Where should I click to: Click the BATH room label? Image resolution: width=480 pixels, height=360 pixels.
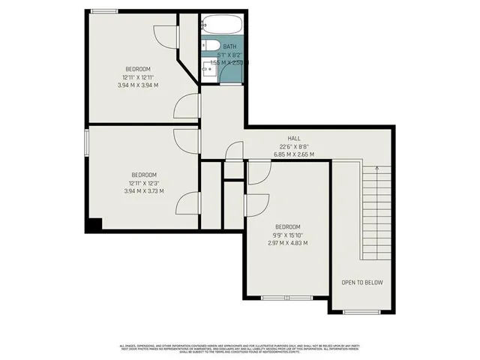point(228,46)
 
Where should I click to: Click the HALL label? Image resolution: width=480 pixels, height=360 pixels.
point(294,138)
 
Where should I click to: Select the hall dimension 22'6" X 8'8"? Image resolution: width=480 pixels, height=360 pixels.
point(294,146)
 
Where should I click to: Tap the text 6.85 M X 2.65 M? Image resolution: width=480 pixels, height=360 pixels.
point(294,154)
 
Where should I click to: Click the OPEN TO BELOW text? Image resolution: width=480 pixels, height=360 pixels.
point(362,283)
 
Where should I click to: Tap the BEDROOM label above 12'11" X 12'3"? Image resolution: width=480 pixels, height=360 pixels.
point(139,175)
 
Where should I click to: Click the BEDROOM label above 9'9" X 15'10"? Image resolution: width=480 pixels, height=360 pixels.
point(287,226)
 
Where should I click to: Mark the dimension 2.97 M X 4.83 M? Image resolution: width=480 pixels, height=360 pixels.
point(287,242)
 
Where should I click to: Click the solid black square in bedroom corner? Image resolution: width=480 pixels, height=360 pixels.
point(94,223)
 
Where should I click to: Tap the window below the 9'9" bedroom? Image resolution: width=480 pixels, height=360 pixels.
point(288,298)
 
